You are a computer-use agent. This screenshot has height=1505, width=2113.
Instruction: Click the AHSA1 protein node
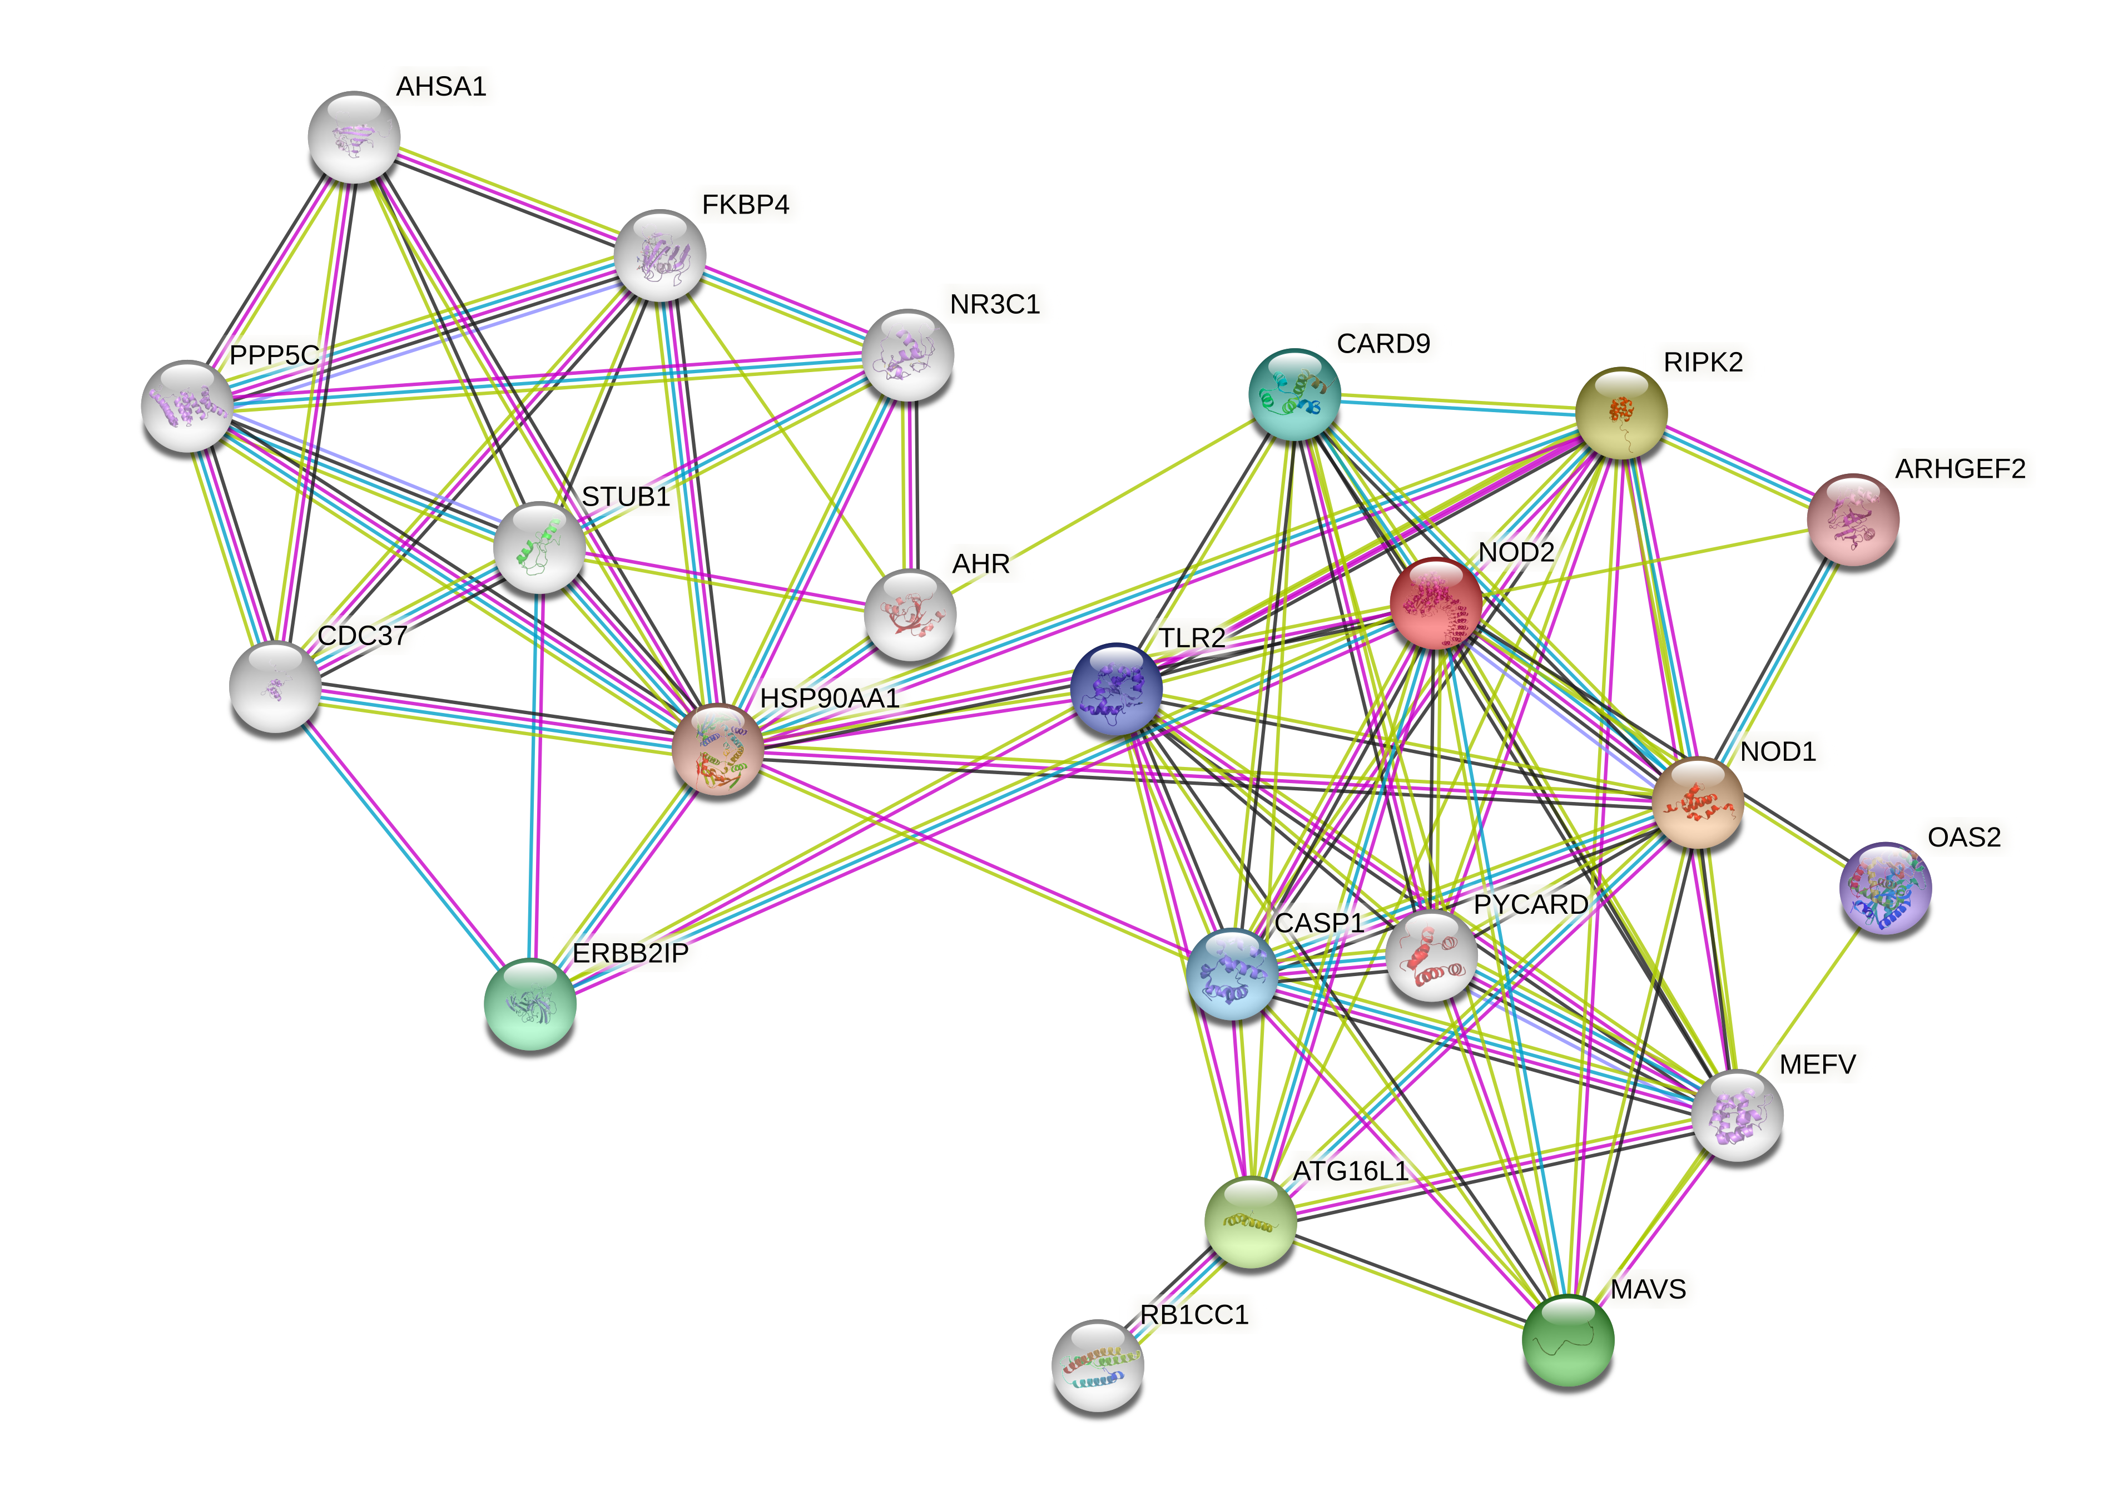354,137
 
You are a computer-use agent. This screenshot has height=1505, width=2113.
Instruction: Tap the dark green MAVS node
1568,1340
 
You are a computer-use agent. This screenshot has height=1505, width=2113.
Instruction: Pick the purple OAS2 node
1884,888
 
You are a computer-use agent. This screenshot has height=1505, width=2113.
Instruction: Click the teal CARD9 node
1294,394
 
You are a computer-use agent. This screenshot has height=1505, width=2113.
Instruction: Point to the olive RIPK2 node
1621,412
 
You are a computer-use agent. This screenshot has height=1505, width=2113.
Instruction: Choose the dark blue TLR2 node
1115,689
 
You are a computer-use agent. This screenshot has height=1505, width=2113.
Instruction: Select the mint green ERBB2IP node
530,1004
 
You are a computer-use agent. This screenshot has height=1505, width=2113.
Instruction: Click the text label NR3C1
994,305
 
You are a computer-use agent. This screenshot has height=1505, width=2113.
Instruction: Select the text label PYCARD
1530,904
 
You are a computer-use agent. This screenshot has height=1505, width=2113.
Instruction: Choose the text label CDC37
362,636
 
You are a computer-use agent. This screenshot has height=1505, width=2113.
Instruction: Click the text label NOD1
1777,751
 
